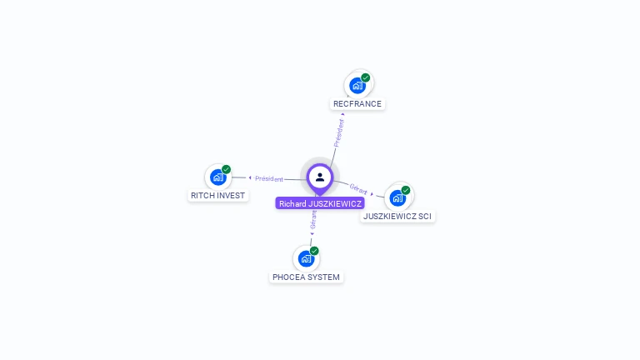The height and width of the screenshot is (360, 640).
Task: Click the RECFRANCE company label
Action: click(357, 103)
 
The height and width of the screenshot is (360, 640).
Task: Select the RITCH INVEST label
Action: click(218, 196)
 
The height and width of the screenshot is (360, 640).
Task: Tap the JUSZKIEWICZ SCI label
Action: click(397, 217)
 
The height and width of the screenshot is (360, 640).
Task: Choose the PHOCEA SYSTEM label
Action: click(306, 277)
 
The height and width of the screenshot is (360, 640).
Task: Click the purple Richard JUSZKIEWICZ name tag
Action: click(320, 203)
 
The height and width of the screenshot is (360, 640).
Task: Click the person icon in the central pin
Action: click(320, 177)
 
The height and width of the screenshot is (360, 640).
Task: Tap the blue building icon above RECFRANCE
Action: click(357, 86)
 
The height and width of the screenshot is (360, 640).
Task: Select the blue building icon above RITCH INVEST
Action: click(218, 177)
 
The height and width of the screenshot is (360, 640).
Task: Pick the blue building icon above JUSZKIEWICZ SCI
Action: click(397, 198)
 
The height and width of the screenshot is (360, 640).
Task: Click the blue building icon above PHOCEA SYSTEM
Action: click(306, 259)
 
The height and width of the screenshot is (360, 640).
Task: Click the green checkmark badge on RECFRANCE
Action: click(365, 77)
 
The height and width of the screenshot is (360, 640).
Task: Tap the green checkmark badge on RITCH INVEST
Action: click(226, 169)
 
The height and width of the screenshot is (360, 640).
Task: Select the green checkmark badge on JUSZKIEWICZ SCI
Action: click(405, 190)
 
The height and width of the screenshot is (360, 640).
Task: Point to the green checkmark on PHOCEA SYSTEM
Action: click(314, 251)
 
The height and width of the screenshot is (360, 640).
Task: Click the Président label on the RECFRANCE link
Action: click(339, 133)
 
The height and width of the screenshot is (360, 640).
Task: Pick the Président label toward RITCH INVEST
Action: click(269, 179)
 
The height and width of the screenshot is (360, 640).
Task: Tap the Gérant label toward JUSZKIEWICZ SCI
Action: click(358, 189)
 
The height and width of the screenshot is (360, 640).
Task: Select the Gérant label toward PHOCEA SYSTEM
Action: click(313, 220)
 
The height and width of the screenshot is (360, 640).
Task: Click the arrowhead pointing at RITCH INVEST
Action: click(250, 177)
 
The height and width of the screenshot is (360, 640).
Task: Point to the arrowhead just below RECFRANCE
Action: click(342, 114)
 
